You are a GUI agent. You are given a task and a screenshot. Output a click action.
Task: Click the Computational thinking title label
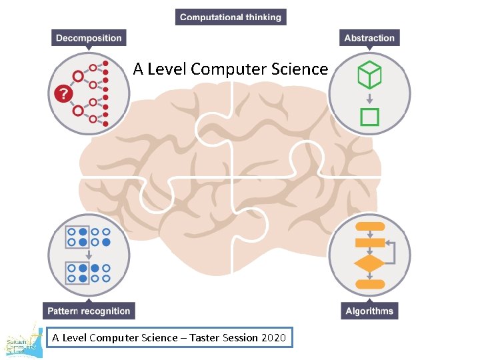point(231,17)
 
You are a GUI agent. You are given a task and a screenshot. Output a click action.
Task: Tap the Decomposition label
point(89,38)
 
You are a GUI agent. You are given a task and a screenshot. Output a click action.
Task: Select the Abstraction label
point(369,38)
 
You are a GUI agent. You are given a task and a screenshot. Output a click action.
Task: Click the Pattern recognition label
point(89,311)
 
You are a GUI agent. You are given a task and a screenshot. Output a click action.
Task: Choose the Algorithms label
point(369,311)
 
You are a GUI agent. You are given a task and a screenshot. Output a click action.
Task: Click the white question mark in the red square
point(63,94)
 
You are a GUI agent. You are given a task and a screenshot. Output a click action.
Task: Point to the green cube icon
point(369,75)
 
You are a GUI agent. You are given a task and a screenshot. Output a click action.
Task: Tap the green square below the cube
point(369,117)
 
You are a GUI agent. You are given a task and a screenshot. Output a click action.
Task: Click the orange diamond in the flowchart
point(369,263)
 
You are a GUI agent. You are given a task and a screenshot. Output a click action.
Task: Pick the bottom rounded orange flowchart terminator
point(369,284)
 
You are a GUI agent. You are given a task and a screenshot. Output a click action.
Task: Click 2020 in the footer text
point(273,337)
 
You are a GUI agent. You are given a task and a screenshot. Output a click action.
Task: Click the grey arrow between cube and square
point(369,98)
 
